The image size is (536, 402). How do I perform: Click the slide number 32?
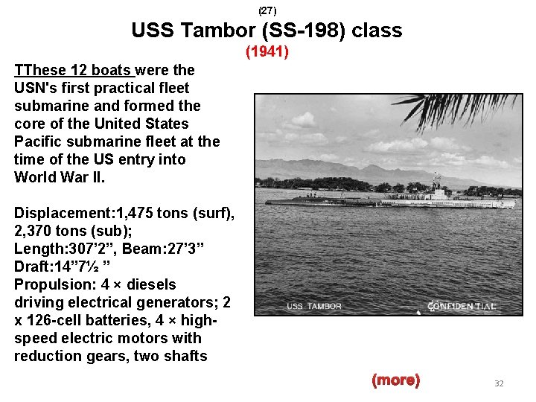[x=499, y=383]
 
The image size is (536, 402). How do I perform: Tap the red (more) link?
[x=395, y=380]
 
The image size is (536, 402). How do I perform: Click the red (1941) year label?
[x=267, y=52]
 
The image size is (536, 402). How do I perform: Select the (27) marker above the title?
[x=267, y=11]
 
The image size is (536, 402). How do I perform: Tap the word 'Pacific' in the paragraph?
[x=38, y=141]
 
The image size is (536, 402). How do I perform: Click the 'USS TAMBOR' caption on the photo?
[x=314, y=306]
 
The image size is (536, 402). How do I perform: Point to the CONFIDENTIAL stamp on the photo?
[x=462, y=305]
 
